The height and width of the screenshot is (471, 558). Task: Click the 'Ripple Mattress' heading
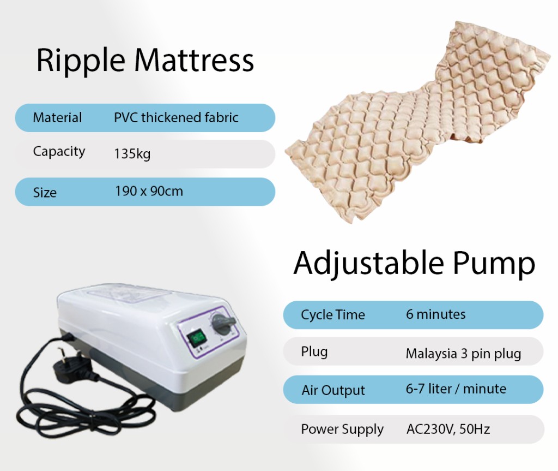145,61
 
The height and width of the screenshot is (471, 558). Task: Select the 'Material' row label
57,117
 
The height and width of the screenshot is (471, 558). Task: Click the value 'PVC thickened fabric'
176,117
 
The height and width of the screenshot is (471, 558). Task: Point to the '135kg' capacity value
132,154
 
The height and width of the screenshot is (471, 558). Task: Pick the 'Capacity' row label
59,151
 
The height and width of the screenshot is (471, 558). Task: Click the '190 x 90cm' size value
149,191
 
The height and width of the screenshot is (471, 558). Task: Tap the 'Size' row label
44,192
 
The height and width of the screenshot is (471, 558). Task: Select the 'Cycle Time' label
332,315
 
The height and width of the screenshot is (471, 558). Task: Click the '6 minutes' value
435,314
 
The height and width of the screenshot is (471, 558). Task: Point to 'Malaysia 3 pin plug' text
463,354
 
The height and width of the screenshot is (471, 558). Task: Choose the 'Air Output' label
333,390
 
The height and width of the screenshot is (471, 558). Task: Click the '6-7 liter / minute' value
456,389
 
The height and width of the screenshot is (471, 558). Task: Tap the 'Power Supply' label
342,430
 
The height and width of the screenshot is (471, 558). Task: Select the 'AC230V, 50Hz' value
448,429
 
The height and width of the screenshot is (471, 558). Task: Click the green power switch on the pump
198,336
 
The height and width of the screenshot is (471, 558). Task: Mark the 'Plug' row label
314,351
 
